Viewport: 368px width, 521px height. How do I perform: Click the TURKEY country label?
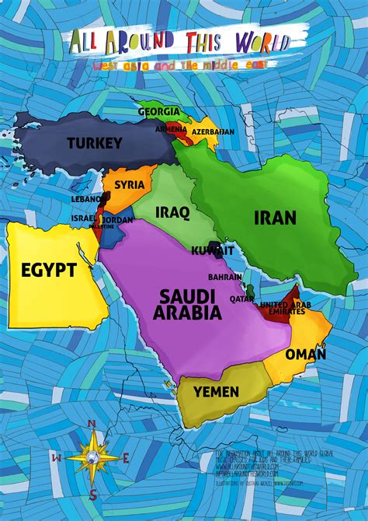coord(95,143)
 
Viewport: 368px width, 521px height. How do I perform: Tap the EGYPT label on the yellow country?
coord(49,271)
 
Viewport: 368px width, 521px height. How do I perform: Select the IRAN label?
coord(275,218)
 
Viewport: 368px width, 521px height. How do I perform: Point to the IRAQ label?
coord(172,212)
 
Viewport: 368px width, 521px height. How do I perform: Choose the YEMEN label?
coord(217,392)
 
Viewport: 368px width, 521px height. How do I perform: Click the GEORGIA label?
coord(160,112)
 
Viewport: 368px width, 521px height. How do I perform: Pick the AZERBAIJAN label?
coord(212,132)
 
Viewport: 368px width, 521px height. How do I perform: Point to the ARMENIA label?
coord(170,129)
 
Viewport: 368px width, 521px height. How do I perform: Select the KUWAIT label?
coord(213,251)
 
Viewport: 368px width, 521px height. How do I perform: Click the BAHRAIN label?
coord(225,277)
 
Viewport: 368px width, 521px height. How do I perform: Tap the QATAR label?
coord(242,299)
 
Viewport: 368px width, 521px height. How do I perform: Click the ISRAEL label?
coord(83,219)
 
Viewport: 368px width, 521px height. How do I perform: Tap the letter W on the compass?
coord(56,458)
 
